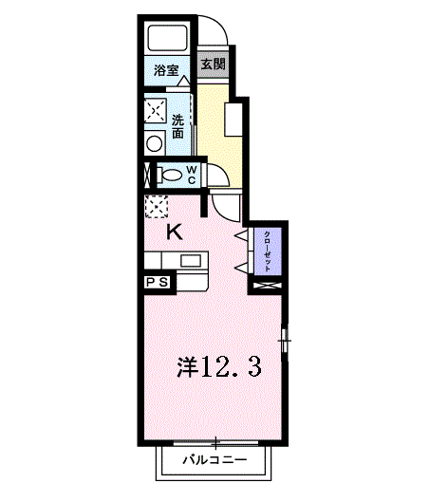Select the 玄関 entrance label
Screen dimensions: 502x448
click(x=213, y=65)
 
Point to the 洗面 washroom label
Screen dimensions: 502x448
click(x=178, y=126)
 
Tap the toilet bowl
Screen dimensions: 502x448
click(x=171, y=176)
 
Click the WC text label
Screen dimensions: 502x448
click(x=191, y=175)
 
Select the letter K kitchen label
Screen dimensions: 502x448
click(x=175, y=231)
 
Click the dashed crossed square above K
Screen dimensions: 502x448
click(x=155, y=207)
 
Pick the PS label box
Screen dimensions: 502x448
click(x=156, y=282)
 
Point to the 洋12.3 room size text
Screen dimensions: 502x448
click(x=218, y=365)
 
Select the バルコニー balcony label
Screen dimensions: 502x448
click(x=215, y=462)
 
